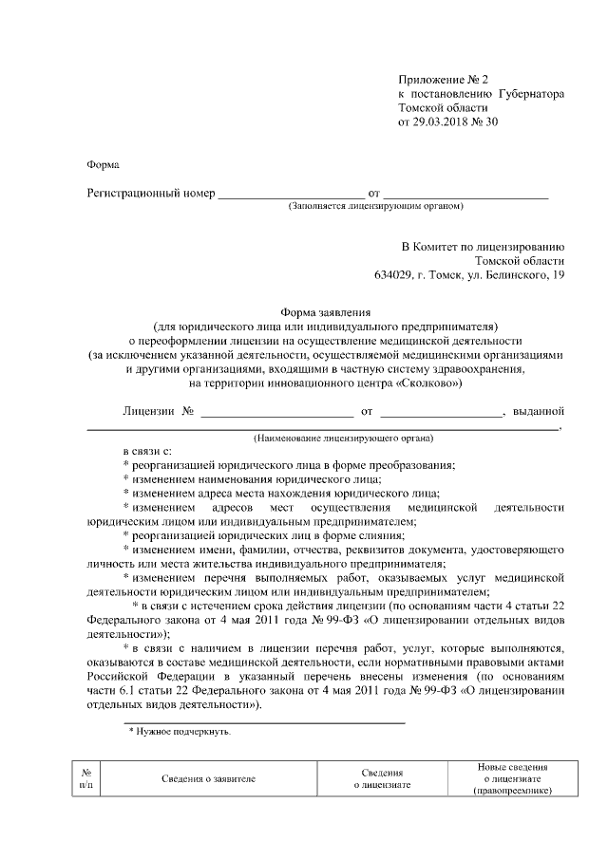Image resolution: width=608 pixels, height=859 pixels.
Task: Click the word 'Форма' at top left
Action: point(104,163)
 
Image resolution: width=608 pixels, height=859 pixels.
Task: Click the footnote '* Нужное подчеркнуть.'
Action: point(180,732)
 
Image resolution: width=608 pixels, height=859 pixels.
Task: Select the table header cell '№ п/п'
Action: point(87,778)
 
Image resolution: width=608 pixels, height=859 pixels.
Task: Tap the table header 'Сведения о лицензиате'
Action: point(382,779)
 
